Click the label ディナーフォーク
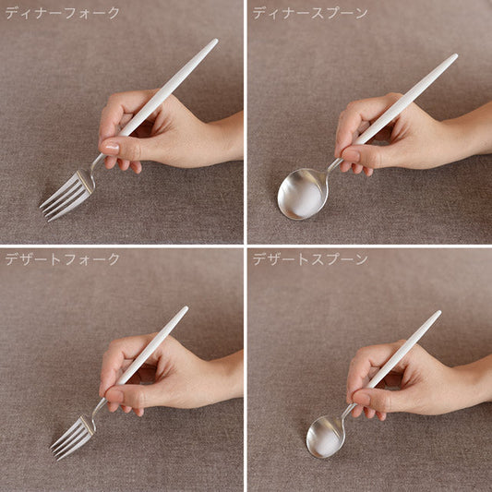(x=63, y=13)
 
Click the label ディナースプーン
(x=310, y=13)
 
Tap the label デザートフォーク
(x=63, y=259)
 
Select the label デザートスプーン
(x=310, y=259)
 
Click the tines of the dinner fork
(x=65, y=196)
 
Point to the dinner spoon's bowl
(x=302, y=194)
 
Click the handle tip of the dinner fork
(x=216, y=42)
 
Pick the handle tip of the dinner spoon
(x=455, y=56)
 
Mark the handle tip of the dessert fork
(x=186, y=308)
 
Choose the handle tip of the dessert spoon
(x=438, y=313)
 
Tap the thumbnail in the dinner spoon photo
(x=350, y=155)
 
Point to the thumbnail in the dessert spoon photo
(x=361, y=398)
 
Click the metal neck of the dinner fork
(x=95, y=164)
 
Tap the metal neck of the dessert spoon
(x=348, y=413)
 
